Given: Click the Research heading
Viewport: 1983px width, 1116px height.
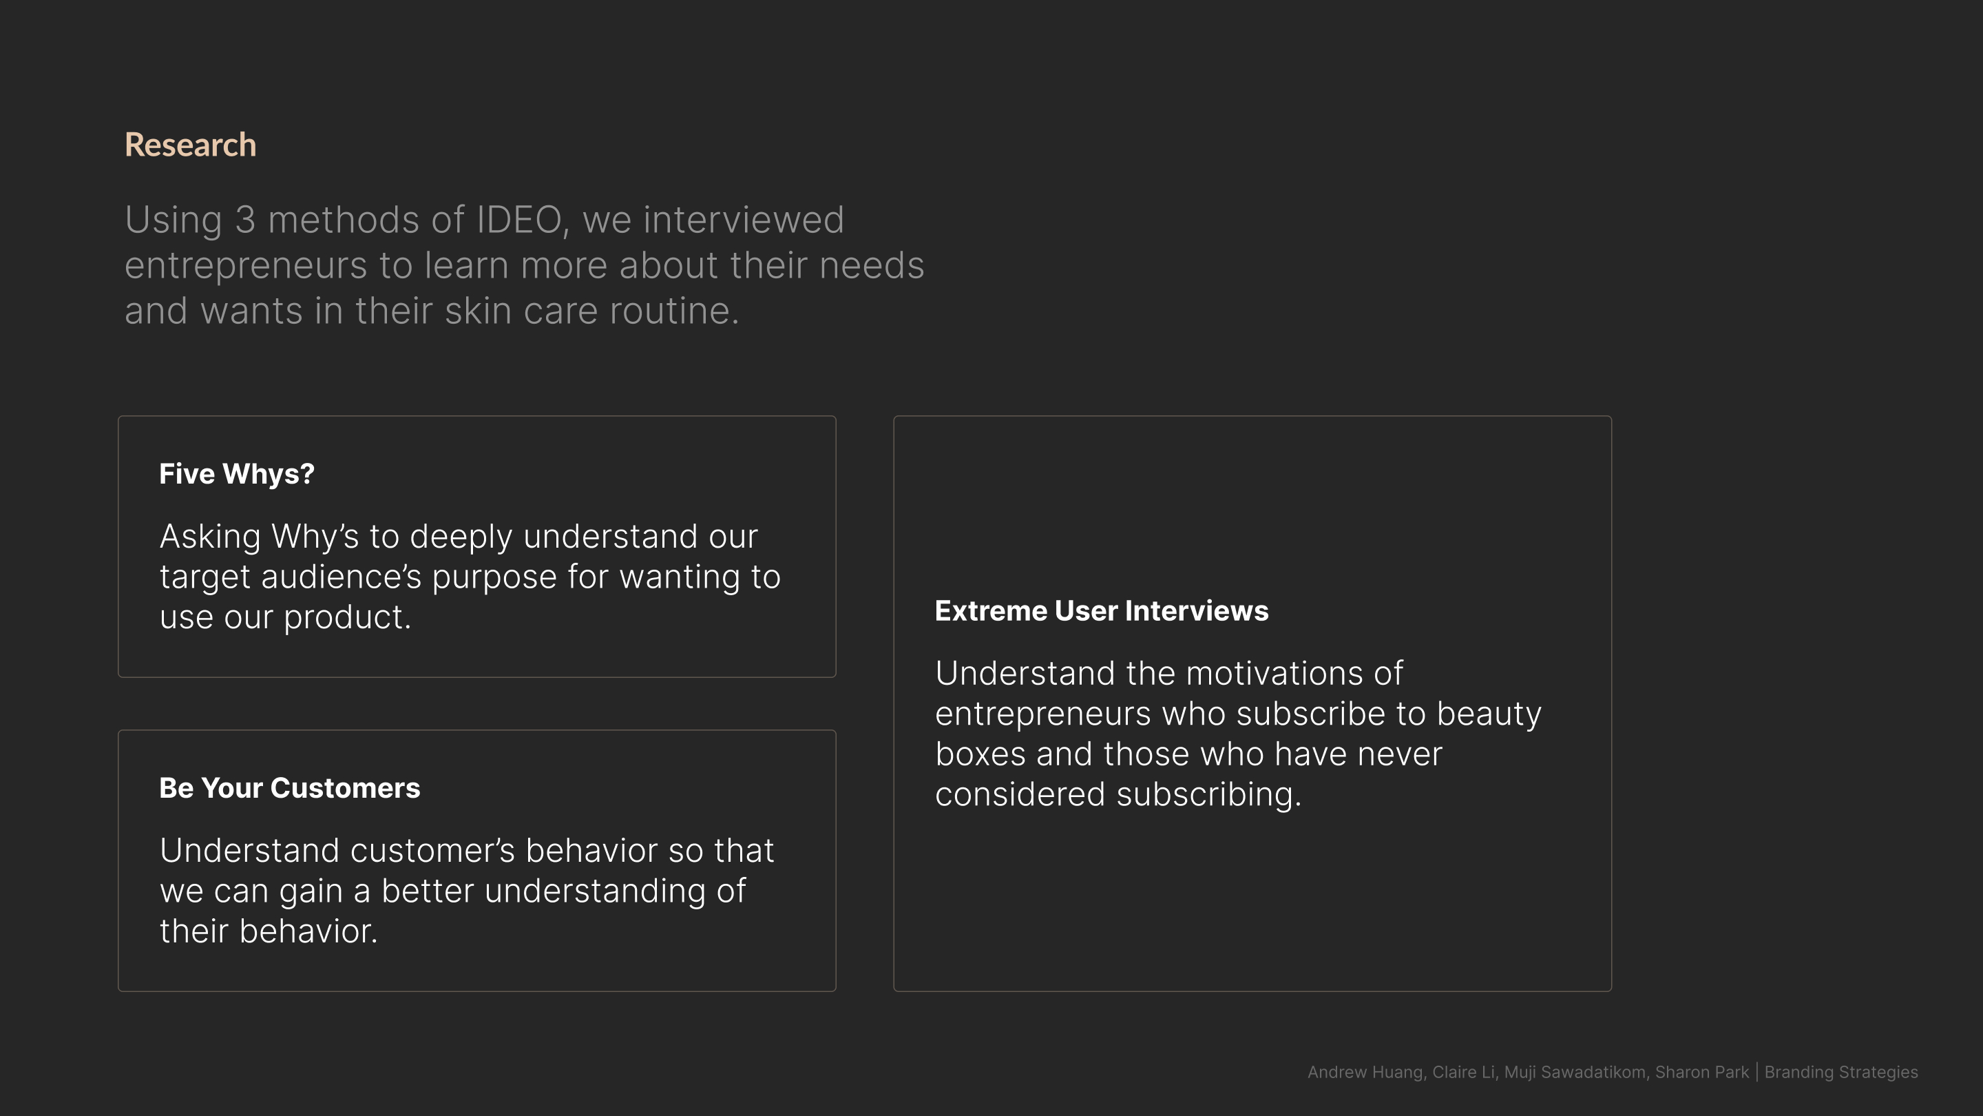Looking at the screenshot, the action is [x=190, y=145].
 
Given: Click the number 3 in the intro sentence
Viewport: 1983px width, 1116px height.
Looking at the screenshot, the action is [x=245, y=220].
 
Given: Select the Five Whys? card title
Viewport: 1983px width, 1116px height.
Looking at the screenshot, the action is [x=236, y=475].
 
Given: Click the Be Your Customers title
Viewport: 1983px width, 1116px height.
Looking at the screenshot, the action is [x=289, y=789].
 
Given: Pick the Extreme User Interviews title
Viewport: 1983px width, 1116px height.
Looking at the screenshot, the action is [x=1102, y=611].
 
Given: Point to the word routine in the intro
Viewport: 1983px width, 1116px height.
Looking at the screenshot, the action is [x=673, y=311].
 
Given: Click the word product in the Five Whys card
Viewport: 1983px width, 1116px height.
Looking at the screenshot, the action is [x=347, y=618].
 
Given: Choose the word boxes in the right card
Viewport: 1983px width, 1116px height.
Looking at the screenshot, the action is [x=980, y=755].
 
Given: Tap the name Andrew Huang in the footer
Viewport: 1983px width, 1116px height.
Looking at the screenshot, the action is [x=1365, y=1073].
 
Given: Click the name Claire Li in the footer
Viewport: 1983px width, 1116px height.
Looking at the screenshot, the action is [x=1463, y=1073].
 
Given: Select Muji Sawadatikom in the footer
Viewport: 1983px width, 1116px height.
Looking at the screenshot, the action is [x=1574, y=1073].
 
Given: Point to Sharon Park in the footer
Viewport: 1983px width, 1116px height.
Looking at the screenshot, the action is [x=1701, y=1073].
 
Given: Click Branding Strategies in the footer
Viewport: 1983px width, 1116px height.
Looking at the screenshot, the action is [x=1840, y=1073].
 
